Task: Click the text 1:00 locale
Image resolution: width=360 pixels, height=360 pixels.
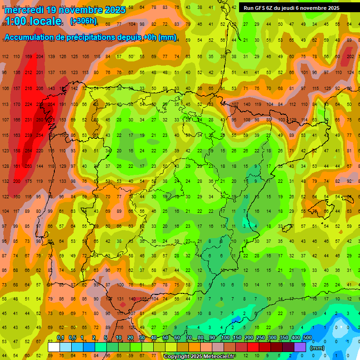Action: (33, 21)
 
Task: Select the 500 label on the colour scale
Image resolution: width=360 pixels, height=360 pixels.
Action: (307, 337)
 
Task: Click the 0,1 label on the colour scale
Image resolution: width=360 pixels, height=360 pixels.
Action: (60, 337)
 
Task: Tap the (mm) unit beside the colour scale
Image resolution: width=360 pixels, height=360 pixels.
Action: (317, 348)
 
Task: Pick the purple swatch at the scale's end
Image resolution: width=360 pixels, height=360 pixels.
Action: (300, 347)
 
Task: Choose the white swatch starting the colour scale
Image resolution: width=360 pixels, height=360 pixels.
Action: (54, 347)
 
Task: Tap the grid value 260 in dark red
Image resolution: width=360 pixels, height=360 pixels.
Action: (40, 120)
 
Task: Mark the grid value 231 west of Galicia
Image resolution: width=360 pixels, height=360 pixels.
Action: (28, 120)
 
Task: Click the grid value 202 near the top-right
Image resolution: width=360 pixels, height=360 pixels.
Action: (350, 57)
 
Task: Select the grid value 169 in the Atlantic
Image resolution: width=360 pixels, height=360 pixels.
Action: (28, 57)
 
